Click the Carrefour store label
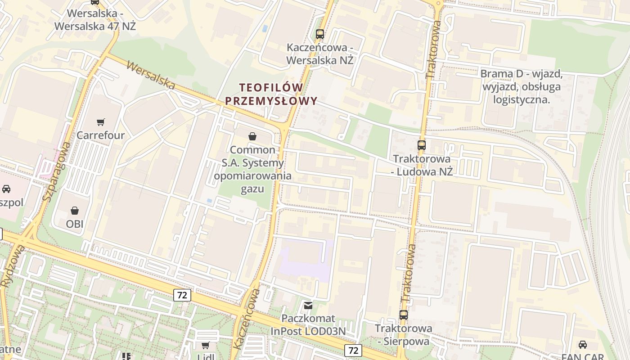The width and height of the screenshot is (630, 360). click(100, 135)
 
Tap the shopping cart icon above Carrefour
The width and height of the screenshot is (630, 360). click(101, 122)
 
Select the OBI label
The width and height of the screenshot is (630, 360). click(75, 224)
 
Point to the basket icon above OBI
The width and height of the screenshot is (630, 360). click(75, 210)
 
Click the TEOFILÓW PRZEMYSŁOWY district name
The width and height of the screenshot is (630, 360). click(271, 94)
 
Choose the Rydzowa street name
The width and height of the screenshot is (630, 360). click(13, 265)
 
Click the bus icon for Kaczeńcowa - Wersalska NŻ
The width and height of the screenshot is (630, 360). click(320, 34)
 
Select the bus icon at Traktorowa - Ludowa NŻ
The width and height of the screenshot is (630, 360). click(422, 145)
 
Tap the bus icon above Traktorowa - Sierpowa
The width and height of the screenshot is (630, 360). click(404, 315)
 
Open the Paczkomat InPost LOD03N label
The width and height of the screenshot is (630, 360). click(309, 325)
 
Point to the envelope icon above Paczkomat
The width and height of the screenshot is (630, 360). click(308, 306)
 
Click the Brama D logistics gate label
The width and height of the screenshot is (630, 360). click(522, 86)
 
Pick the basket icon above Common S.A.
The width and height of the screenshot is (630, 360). click(252, 136)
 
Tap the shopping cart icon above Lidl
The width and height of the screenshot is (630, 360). click(206, 346)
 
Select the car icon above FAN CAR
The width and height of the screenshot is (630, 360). click(583, 345)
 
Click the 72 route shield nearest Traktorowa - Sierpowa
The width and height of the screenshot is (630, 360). click(353, 350)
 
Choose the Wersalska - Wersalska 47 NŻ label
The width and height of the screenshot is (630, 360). click(95, 20)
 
